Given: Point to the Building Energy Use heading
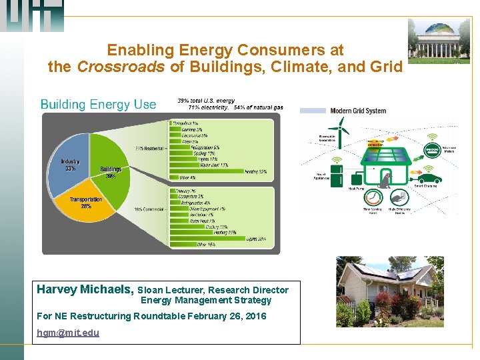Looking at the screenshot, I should (x=98, y=104).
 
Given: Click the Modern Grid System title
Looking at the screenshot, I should (x=358, y=111).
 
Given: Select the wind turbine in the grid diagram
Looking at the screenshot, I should (x=340, y=131).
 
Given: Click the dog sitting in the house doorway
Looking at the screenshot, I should (x=384, y=179).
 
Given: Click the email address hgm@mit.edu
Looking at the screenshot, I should (x=68, y=332).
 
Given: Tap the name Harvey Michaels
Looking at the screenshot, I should (x=85, y=289).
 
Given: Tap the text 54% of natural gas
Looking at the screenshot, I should (x=258, y=107).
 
